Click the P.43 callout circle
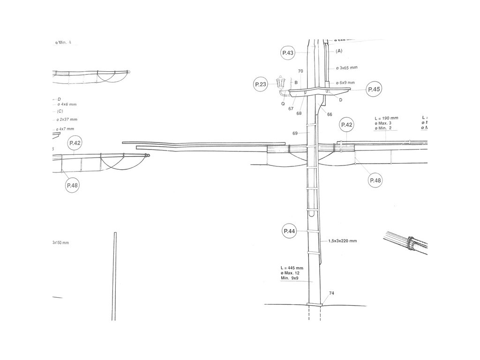click(288, 53)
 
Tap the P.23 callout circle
click(261, 84)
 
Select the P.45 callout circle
click(374, 89)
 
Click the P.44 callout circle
click(289, 231)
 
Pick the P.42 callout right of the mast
click(347, 125)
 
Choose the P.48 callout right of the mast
click(375, 180)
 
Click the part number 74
click(331, 293)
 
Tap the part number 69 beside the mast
click(295, 133)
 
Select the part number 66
click(330, 114)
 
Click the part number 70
click(300, 71)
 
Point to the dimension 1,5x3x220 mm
click(343, 241)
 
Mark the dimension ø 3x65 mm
click(347, 68)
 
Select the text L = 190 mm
click(387, 118)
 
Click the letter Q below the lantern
click(283, 104)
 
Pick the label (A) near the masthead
click(339, 51)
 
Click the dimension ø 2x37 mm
click(67, 120)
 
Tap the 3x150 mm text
click(60, 243)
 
